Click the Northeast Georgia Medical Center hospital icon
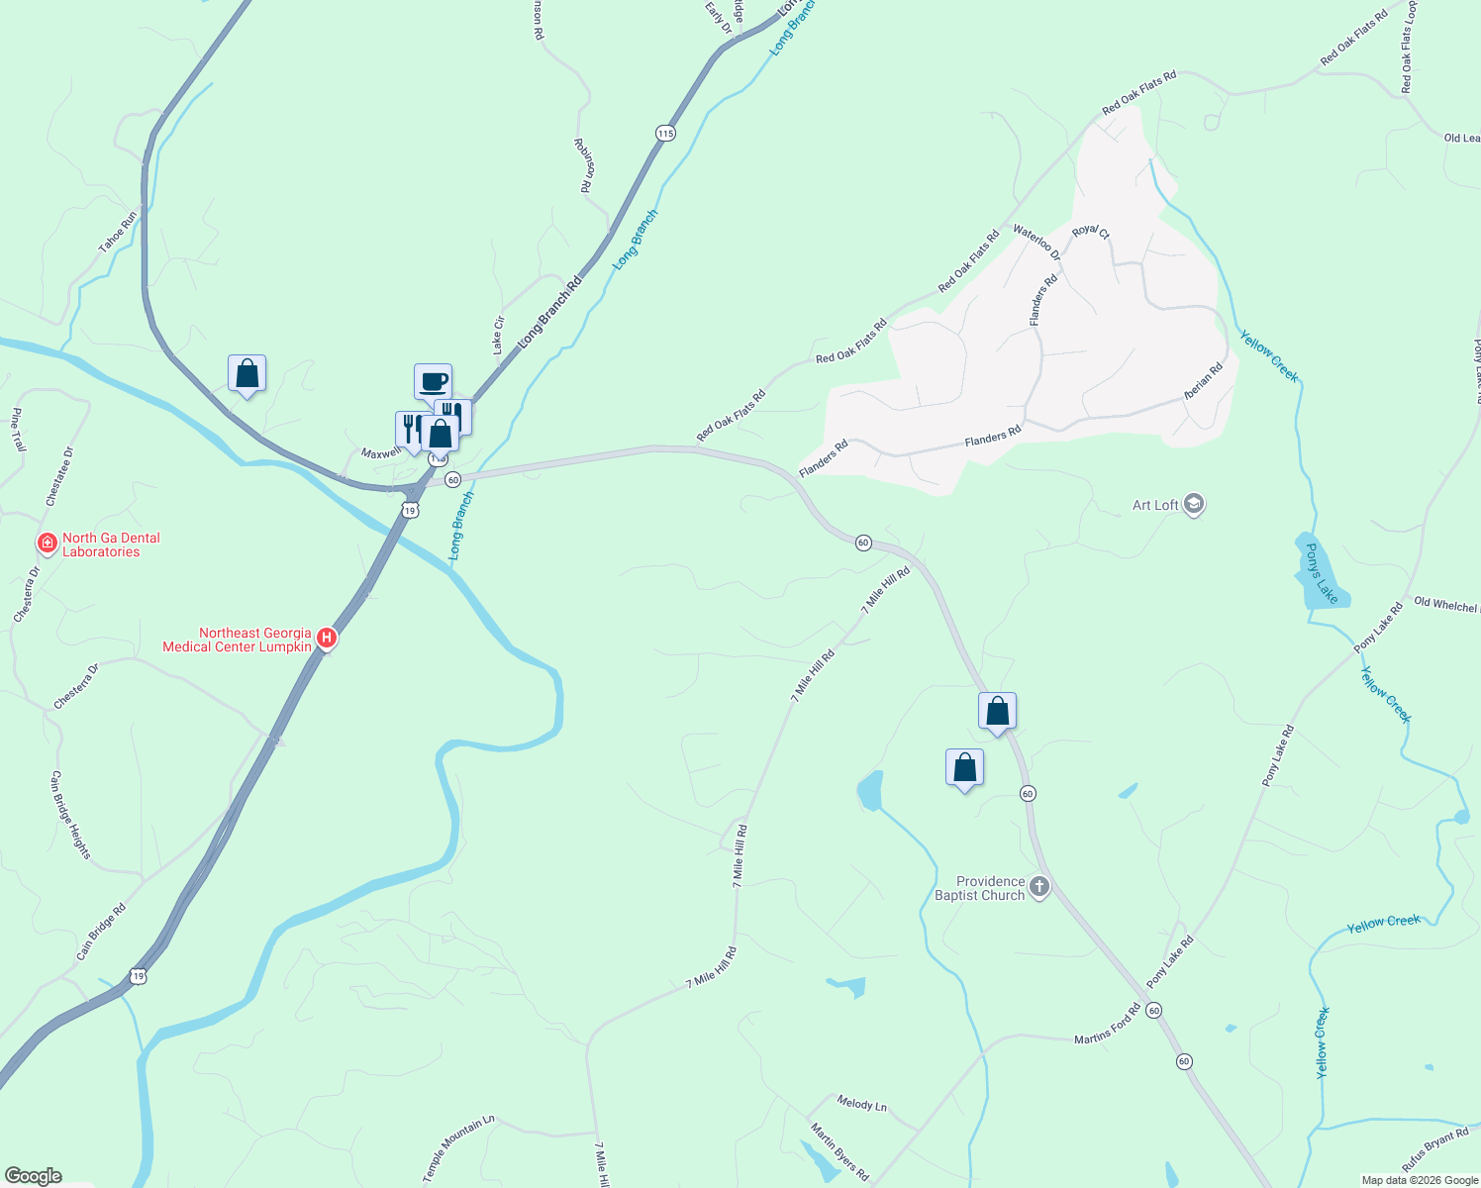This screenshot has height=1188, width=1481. tap(327, 640)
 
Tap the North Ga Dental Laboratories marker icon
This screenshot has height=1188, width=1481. tap(47, 544)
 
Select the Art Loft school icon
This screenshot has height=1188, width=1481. tap(1194, 505)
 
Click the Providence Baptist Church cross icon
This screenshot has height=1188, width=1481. tap(1038, 887)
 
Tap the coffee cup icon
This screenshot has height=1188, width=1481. tap(433, 382)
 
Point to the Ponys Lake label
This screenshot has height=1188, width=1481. tap(1322, 573)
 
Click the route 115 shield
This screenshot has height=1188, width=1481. tap(664, 133)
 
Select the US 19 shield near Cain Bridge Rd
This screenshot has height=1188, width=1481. tap(138, 975)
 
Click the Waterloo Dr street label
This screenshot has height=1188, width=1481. tap(1037, 243)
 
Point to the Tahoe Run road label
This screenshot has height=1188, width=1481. tap(118, 233)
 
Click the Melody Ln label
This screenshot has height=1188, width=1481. tap(861, 1103)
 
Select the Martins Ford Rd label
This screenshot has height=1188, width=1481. tap(1108, 1025)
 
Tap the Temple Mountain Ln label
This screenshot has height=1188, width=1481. tap(458, 1148)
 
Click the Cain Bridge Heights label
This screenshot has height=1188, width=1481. tap(70, 815)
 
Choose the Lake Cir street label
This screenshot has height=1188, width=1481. tap(499, 336)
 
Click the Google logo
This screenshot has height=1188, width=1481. tap(33, 1176)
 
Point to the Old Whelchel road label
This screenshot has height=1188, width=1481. tap(1445, 605)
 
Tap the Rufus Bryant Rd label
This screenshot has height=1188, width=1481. tap(1434, 1149)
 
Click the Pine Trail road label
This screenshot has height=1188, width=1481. tap(18, 430)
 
